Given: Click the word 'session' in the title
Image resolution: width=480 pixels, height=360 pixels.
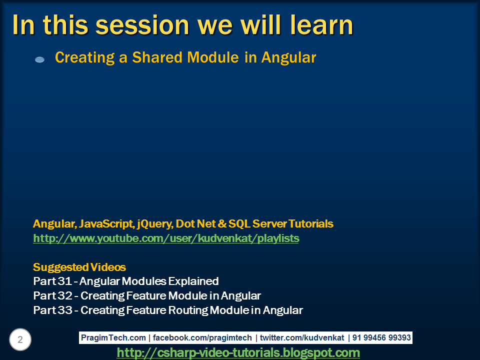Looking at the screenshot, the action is [x=142, y=25].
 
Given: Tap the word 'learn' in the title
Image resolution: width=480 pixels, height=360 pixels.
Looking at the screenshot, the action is [x=321, y=24].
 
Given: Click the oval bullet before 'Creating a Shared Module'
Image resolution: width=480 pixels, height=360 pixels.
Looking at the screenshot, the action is [x=40, y=59].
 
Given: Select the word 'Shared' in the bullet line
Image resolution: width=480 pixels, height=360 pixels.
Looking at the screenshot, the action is [x=157, y=57].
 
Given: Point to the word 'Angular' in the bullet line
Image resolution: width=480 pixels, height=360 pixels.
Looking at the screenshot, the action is [x=288, y=58].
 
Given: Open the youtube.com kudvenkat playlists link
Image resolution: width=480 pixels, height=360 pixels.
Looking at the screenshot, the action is [x=166, y=238].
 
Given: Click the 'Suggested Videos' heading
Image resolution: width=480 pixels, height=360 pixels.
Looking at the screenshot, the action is [x=79, y=267].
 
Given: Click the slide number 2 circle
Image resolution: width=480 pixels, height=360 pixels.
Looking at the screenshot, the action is [x=20, y=339].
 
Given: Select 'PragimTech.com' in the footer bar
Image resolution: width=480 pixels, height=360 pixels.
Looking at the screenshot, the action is [x=113, y=337].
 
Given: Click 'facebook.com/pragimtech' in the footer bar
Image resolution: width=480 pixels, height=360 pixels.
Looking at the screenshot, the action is [x=202, y=337].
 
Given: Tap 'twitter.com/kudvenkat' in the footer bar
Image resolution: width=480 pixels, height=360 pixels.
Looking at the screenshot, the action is [x=302, y=337].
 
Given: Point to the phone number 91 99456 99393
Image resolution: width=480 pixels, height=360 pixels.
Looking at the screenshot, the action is [x=381, y=337].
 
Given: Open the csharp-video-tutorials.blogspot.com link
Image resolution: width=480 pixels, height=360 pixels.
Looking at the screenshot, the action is [x=238, y=352].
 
